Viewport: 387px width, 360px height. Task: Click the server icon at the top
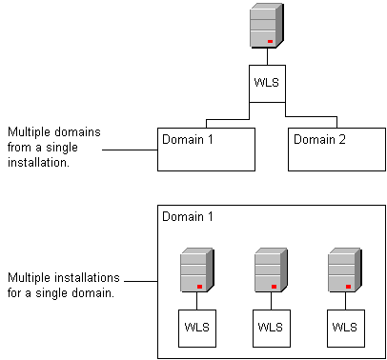point(266,26)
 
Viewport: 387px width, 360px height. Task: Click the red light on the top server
point(271,42)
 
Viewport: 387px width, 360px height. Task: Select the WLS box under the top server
point(266,83)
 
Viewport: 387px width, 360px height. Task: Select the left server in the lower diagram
point(196,270)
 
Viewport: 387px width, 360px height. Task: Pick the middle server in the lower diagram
point(271,270)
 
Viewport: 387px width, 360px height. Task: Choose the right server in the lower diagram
point(344,270)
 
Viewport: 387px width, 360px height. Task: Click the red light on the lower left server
point(200,286)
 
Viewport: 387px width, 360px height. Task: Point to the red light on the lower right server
point(349,286)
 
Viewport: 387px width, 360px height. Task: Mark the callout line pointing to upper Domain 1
point(129,150)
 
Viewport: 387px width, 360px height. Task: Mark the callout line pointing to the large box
point(141,282)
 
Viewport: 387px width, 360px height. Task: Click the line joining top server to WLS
point(266,57)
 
